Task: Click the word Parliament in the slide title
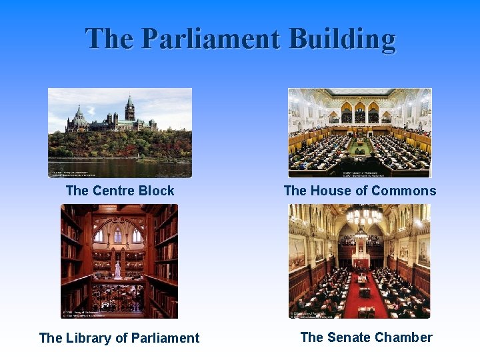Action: coord(210,39)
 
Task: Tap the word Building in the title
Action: coord(342,39)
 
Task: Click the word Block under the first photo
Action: coord(156,191)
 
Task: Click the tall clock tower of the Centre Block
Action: coord(129,110)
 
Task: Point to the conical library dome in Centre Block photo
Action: coord(79,116)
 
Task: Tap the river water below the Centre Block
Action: coord(120,167)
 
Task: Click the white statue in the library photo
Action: coord(118,269)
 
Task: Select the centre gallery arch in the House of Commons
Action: coord(360,112)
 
